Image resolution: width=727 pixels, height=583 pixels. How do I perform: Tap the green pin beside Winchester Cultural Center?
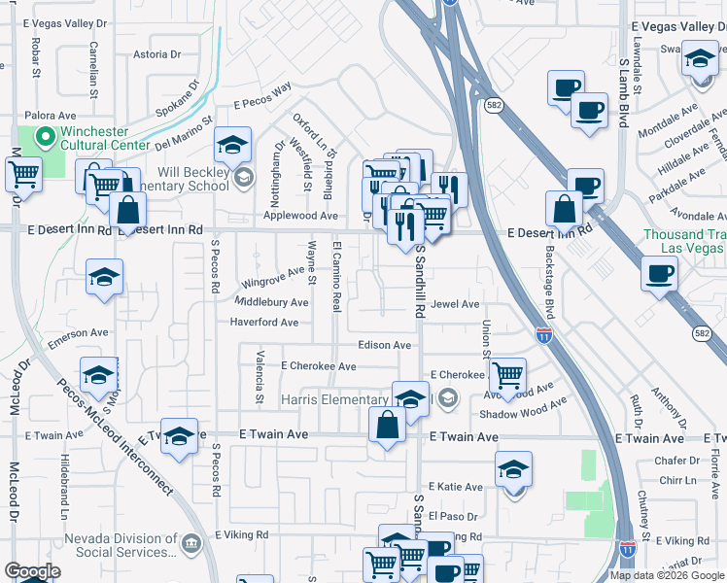[x=43, y=140]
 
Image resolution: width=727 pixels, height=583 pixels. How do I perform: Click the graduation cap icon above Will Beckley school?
[x=232, y=146]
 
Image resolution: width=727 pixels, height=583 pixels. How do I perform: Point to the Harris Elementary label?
[x=334, y=400]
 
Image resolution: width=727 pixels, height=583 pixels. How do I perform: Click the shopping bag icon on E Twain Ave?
[x=388, y=426]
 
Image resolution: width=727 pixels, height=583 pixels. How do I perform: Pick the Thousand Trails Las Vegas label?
[x=684, y=241]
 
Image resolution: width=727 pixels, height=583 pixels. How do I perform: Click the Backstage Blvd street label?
[x=549, y=282]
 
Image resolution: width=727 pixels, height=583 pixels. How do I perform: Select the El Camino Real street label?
[x=336, y=278]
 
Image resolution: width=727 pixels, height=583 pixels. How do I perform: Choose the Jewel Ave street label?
[x=456, y=304]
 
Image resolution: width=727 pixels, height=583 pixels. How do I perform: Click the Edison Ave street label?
[x=385, y=345]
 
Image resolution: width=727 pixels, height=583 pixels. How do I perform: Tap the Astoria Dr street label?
[x=151, y=54]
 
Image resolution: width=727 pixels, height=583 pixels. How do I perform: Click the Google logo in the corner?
[x=32, y=571]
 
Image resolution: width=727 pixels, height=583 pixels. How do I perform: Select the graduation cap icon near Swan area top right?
[x=700, y=60]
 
